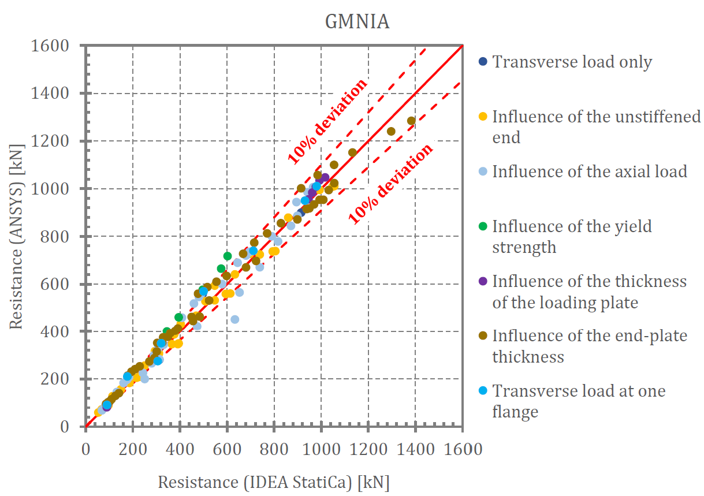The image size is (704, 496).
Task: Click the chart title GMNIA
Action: click(357, 22)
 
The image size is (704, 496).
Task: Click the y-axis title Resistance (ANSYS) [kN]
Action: click(16, 237)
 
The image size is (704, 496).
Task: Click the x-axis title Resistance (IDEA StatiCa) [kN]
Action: click(274, 482)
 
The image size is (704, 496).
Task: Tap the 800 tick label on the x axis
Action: click(274, 449)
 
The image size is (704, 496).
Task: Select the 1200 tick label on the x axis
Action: click(368, 449)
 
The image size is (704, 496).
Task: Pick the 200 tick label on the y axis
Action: click(63, 379)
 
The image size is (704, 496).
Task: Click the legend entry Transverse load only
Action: click(572, 62)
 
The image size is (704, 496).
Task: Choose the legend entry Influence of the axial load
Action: click(589, 171)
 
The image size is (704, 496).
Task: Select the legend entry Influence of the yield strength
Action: click(572, 236)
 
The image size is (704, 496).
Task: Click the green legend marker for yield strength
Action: click(483, 226)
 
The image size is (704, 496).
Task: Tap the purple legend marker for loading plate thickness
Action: click(483, 281)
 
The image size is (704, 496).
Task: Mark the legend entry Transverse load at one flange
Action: click(578, 401)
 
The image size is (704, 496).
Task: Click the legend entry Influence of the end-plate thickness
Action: click(589, 346)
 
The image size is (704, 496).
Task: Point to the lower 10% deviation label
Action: click(390, 183)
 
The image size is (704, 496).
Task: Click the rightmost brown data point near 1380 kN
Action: click(411, 121)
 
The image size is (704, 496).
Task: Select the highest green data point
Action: click(228, 256)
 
